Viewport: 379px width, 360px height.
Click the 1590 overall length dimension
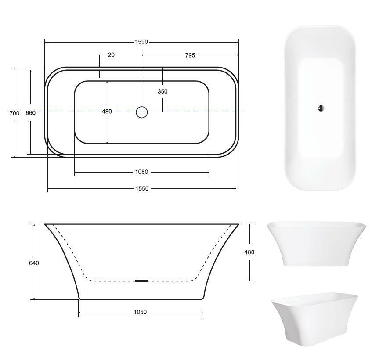141,42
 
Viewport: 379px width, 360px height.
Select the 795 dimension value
190,55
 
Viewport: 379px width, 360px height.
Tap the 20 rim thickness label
111,55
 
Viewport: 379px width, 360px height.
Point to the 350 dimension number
162,91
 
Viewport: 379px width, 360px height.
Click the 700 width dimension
14,113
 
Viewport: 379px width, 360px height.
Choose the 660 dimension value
30,113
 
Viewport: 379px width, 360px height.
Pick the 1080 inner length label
141,172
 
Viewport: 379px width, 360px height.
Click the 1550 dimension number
142,188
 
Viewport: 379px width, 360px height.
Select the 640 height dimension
34,263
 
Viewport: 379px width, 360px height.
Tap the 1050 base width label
141,312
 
